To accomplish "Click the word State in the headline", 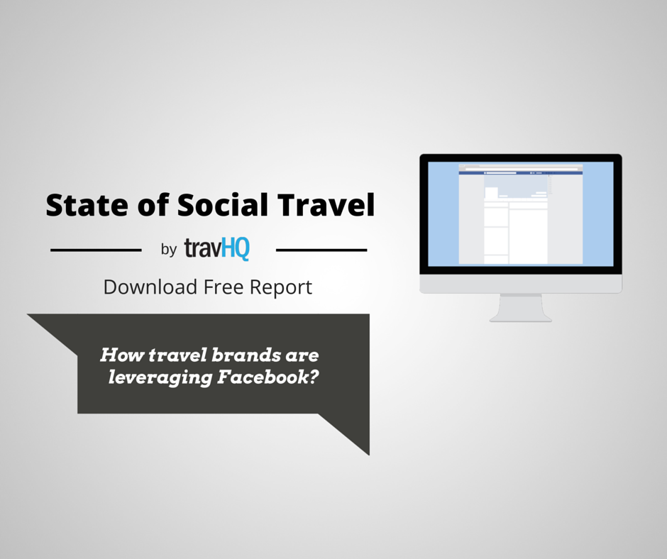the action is pyautogui.click(x=87, y=205).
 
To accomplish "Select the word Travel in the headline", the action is pyautogui.click(x=326, y=204).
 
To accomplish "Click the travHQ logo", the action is pyautogui.click(x=217, y=249).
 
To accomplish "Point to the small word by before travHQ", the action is pyautogui.click(x=169, y=250).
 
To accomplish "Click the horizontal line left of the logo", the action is pyautogui.click(x=96, y=250).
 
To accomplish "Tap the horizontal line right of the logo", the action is pyautogui.click(x=321, y=250).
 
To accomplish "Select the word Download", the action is pyautogui.click(x=150, y=287).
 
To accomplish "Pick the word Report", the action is pyautogui.click(x=281, y=288).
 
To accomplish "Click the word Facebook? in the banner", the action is pyautogui.click(x=268, y=377).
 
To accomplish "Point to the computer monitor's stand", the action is pyautogui.click(x=521, y=308).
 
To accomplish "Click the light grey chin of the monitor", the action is pyautogui.click(x=521, y=284).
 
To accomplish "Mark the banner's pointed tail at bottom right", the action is pyautogui.click(x=369, y=455).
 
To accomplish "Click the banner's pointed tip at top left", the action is pyautogui.click(x=28, y=314).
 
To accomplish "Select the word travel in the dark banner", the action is pyautogui.click(x=178, y=355).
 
